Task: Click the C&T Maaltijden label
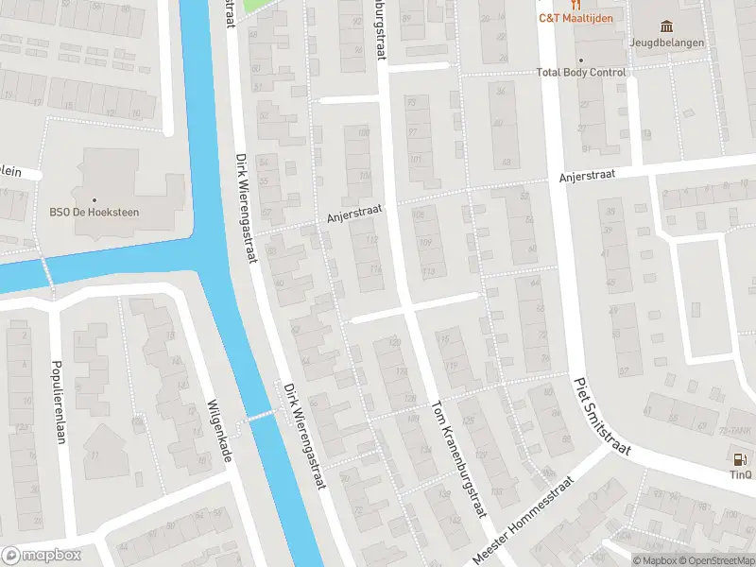[x=576, y=18]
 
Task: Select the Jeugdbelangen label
[x=667, y=42]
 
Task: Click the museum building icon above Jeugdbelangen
[x=667, y=26]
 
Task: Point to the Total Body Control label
[x=581, y=73]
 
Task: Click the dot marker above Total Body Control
[x=581, y=60]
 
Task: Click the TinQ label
[x=740, y=475]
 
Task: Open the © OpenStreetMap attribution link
[x=714, y=560]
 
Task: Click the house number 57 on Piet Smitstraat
[x=624, y=370]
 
